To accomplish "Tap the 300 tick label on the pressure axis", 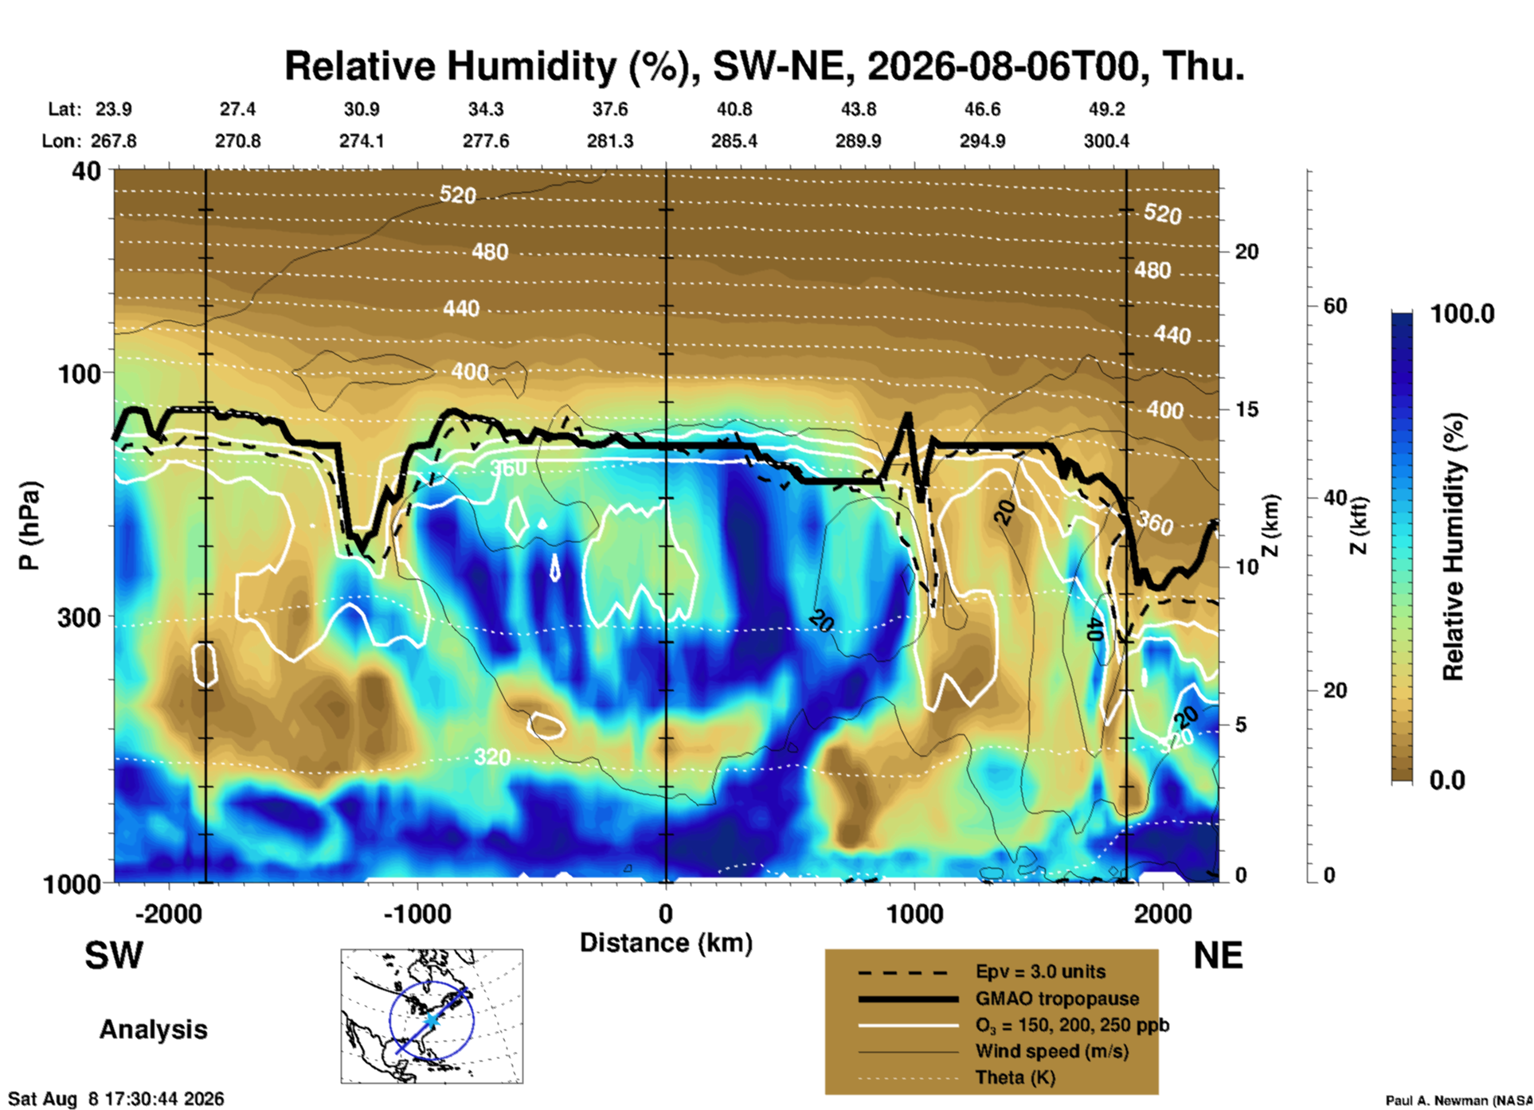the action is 78,617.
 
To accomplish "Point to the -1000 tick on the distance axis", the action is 417,913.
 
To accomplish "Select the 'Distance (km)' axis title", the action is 666,943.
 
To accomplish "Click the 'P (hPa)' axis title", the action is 29,526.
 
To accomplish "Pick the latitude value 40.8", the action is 734,109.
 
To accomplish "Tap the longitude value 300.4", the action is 1106,141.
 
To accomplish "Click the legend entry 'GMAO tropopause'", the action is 1057,999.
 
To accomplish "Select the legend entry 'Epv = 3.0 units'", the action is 1040,971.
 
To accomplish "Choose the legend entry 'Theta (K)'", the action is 1015,1077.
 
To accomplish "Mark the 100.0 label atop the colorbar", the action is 1462,314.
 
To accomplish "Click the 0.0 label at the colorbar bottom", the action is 1447,780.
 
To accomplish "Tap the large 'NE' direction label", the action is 1218,956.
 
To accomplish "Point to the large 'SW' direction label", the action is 114,956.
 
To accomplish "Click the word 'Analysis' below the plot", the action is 153,1030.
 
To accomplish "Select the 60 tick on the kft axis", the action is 1335,306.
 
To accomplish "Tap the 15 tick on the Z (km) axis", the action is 1246,409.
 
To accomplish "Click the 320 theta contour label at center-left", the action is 491,756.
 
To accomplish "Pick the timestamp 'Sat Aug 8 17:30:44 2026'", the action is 116,1099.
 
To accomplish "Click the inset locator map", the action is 432,1016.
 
